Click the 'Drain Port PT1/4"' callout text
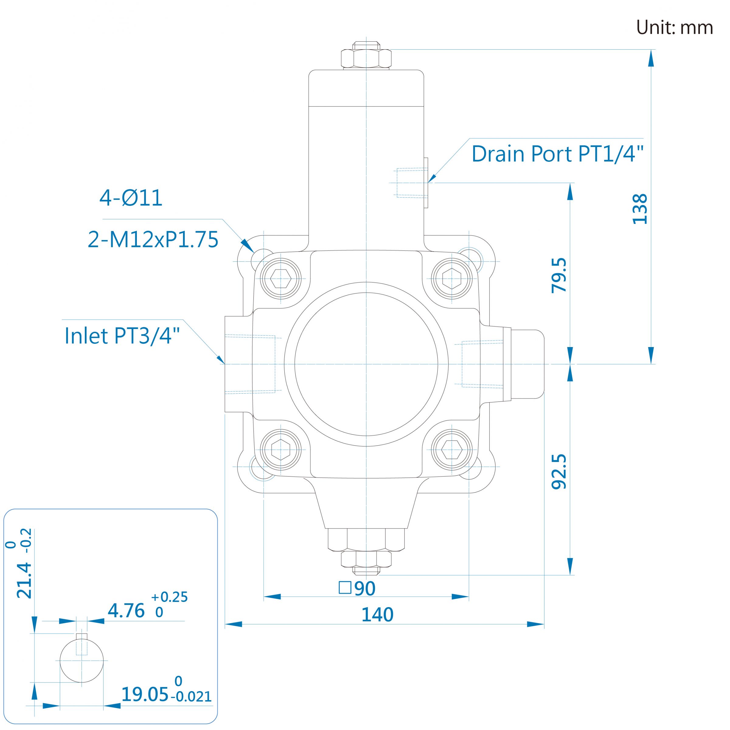(x=557, y=154)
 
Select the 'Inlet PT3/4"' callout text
(x=122, y=335)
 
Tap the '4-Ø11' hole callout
(x=131, y=198)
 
